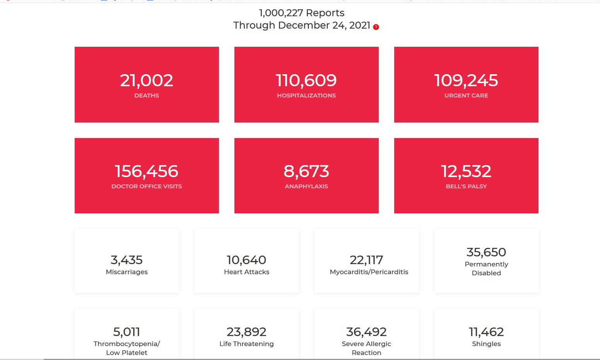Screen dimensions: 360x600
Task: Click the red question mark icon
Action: point(376,27)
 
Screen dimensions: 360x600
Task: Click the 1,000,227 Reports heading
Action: point(301,13)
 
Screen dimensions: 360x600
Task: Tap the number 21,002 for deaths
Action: point(147,80)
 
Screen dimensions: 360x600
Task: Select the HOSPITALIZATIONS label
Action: point(306,96)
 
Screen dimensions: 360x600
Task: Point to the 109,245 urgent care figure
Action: point(466,80)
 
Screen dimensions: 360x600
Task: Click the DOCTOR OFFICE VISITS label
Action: point(147,186)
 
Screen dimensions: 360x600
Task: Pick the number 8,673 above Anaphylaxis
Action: point(306,171)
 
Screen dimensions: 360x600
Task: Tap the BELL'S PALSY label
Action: point(466,186)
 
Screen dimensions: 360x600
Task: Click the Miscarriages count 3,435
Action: point(126,260)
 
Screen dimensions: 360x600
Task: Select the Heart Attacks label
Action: point(246,272)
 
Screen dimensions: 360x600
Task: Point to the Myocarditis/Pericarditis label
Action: point(369,272)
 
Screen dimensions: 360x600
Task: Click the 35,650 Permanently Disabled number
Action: point(486,252)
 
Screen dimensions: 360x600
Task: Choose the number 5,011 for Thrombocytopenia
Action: point(126,332)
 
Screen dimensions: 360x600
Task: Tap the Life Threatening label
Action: point(246,344)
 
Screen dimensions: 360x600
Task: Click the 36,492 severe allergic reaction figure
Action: point(366,332)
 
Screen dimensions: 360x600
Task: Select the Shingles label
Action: point(486,344)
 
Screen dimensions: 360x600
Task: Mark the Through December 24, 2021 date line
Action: point(301,26)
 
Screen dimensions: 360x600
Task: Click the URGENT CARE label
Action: point(466,96)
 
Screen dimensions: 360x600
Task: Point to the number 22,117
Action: point(366,260)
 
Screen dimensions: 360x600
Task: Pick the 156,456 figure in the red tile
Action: point(147,171)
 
